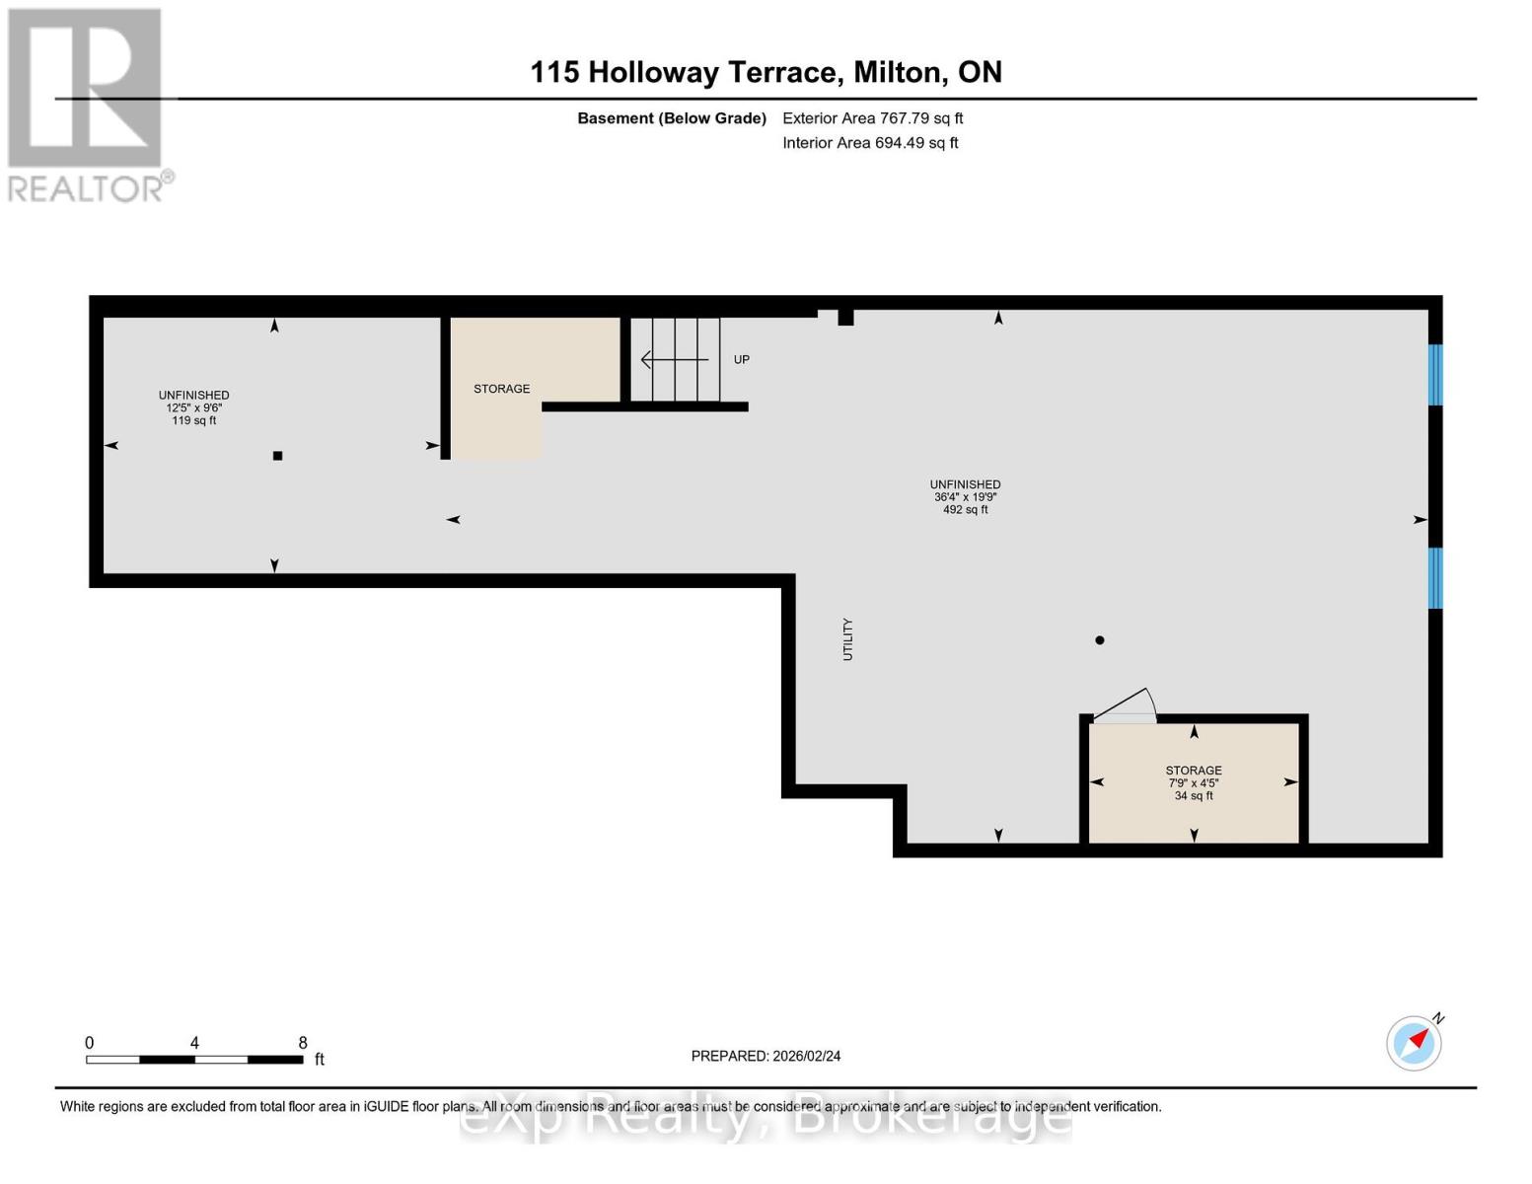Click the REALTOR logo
pyautogui.click(x=87, y=104)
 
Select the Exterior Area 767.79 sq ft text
pyautogui.click(x=872, y=118)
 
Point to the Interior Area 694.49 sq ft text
pyautogui.click(x=870, y=143)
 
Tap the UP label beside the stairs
pyautogui.click(x=742, y=360)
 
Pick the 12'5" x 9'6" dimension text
pyautogui.click(x=194, y=407)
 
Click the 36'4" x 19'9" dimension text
pyautogui.click(x=965, y=497)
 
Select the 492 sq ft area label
pyautogui.click(x=965, y=510)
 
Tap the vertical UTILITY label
pyautogui.click(x=847, y=639)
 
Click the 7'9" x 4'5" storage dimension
pyautogui.click(x=1194, y=783)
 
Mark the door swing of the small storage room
pyautogui.click(x=1126, y=706)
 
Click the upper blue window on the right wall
pyautogui.click(x=1435, y=375)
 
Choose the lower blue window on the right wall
pyautogui.click(x=1435, y=578)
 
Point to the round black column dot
pyautogui.click(x=1100, y=640)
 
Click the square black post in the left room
pyautogui.click(x=278, y=456)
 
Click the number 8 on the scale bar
pyautogui.click(x=303, y=1043)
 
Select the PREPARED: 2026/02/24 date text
pyautogui.click(x=766, y=1056)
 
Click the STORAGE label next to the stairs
pyautogui.click(x=501, y=389)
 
